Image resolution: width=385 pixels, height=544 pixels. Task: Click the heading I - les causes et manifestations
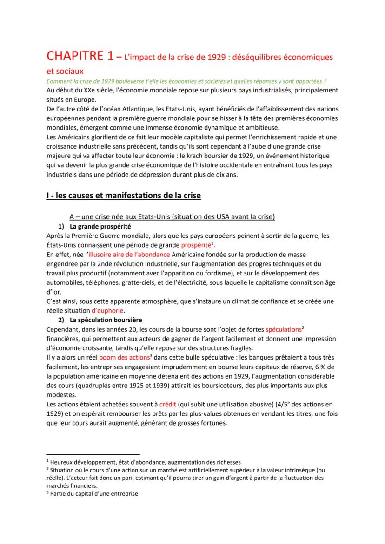pyautogui.click(x=124, y=196)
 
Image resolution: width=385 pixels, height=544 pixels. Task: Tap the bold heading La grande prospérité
pyautogui.click(x=100, y=227)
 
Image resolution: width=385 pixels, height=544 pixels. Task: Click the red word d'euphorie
pyautogui.click(x=108, y=311)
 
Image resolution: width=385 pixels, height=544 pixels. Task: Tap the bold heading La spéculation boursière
pyautogui.click(x=106, y=320)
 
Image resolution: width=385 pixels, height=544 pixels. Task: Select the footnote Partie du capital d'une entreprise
pyautogui.click(x=94, y=494)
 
